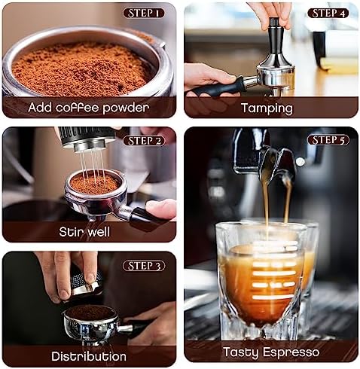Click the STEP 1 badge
click(144, 13)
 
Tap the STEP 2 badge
click(144, 141)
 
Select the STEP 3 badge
click(144, 266)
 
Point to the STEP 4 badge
click(328, 13)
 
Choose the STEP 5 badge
click(328, 140)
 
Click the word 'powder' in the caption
click(126, 108)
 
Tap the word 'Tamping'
click(267, 108)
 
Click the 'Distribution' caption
click(89, 356)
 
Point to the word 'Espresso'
click(291, 352)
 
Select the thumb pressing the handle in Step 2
click(160, 209)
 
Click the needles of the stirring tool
click(93, 166)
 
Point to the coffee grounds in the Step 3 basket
click(90, 313)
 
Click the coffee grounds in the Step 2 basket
click(94, 184)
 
